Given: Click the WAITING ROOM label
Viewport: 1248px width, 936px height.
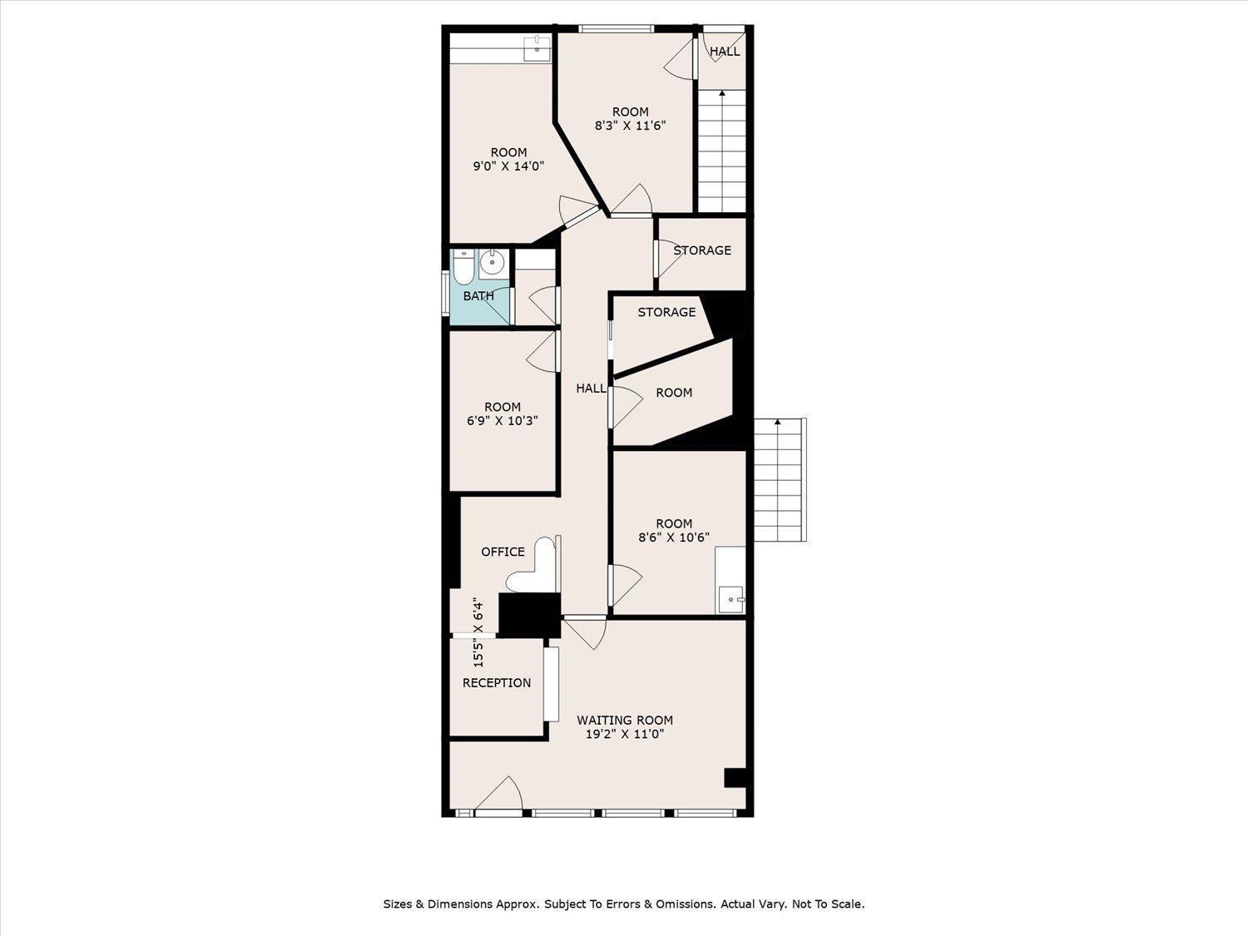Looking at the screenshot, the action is click(x=625, y=720).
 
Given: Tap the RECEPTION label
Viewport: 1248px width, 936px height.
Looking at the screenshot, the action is click(x=497, y=682).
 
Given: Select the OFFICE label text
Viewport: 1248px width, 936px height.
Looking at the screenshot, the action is click(x=503, y=552).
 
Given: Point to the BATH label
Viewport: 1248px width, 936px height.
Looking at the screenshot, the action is click(x=478, y=295).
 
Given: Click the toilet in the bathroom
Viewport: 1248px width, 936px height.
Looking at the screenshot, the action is click(x=463, y=267).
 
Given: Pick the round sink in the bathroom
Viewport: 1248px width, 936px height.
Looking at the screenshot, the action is click(x=492, y=263).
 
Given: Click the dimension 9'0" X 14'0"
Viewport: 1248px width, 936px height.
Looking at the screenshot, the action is click(x=509, y=166).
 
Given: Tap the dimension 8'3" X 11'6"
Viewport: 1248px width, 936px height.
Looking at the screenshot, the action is click(x=630, y=126).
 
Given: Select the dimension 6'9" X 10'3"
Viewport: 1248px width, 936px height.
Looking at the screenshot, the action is click(x=503, y=420).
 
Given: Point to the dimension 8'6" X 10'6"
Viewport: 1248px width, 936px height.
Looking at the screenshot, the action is click(x=674, y=537).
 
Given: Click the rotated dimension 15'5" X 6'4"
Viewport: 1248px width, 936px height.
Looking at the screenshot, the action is click(x=478, y=635).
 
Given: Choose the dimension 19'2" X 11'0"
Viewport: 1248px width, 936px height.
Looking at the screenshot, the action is click(x=625, y=734).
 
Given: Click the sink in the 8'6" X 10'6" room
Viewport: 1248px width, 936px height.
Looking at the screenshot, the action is click(x=730, y=600).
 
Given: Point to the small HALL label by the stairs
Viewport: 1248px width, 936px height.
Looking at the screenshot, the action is click(x=725, y=51).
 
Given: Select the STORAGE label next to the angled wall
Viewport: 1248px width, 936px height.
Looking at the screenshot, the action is click(x=666, y=312).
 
